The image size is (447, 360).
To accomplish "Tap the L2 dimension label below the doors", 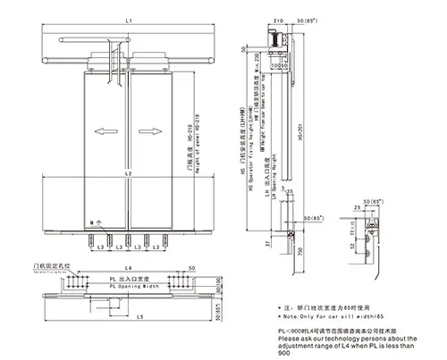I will click(129, 172).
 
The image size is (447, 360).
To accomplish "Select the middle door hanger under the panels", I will click(129, 239).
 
